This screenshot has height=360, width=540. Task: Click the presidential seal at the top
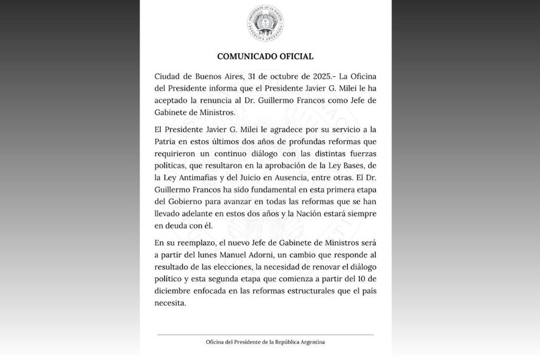265,24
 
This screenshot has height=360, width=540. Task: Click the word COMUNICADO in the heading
244,56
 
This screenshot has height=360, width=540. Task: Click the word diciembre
174,291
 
